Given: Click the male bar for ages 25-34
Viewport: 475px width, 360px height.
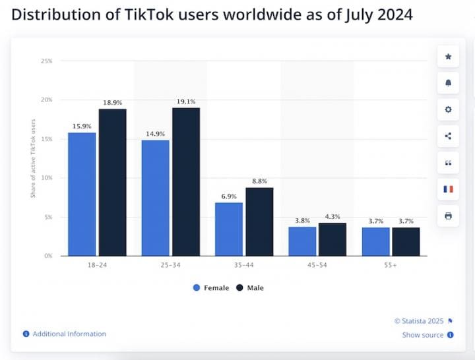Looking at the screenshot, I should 185,181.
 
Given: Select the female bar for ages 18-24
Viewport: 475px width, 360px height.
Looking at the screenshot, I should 82,194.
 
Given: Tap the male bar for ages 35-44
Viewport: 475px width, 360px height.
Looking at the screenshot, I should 259,222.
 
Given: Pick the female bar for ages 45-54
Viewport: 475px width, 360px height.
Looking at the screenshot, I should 302,241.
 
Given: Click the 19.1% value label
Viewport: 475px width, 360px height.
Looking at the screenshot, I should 185,102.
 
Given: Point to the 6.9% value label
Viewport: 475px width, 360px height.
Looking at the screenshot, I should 228,197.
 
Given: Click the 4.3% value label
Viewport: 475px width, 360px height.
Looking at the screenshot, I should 332,217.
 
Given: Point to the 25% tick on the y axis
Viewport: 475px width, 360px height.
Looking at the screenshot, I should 47,61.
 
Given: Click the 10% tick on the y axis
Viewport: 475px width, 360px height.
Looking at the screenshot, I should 47,178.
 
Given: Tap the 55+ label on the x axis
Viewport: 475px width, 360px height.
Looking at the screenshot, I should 391,265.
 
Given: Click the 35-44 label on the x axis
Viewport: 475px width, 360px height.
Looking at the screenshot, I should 243,265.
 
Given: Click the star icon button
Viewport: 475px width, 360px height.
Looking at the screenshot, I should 449,57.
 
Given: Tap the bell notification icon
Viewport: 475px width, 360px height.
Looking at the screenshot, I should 449,83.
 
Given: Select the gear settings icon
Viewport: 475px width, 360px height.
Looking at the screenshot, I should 449,109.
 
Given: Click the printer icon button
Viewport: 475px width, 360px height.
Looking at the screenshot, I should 449,216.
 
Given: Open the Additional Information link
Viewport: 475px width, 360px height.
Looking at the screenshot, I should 69,334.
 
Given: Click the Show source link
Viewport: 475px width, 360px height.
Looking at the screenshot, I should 424,335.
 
